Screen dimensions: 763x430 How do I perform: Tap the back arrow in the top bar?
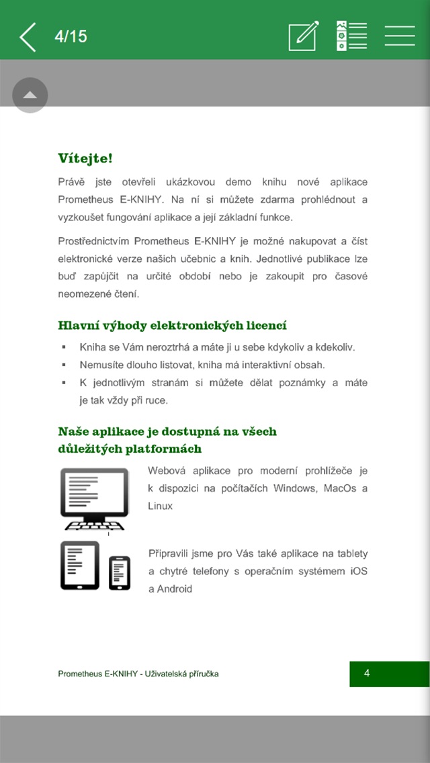tap(28, 37)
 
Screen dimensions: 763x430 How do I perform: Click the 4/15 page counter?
tap(71, 36)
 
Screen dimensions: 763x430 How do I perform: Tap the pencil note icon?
tap(303, 36)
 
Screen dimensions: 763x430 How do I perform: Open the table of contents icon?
tap(351, 36)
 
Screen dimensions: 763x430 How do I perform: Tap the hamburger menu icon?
tap(400, 36)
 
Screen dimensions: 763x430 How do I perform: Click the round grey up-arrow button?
tap(30, 95)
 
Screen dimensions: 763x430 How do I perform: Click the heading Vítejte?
tap(85, 159)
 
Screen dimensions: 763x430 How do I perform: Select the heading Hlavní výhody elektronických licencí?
tap(173, 326)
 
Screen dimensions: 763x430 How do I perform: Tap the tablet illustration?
tap(79, 566)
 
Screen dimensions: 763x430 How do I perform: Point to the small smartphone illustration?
tap(120, 573)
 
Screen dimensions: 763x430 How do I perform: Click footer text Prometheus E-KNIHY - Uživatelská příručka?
tap(138, 674)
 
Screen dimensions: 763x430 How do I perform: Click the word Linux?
tap(161, 506)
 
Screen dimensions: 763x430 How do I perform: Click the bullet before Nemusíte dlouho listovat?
tap(64, 365)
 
